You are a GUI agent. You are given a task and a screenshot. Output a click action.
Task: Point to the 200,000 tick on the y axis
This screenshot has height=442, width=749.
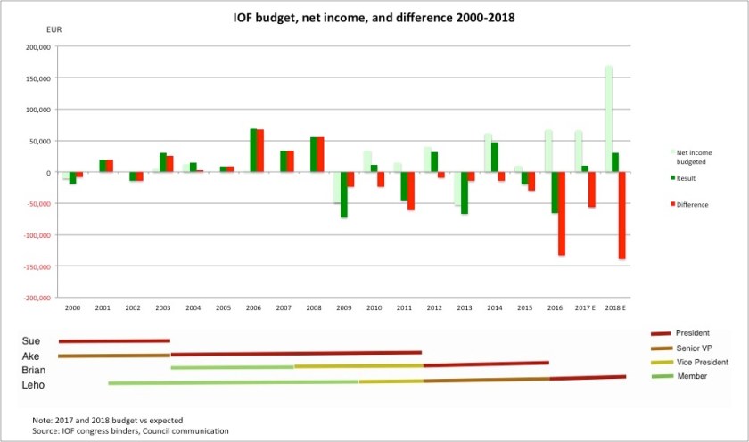tap(38, 46)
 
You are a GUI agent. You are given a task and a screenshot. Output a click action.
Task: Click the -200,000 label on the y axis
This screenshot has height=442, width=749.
tap(37, 298)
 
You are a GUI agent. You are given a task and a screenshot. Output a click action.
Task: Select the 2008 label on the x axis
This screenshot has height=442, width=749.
tap(314, 307)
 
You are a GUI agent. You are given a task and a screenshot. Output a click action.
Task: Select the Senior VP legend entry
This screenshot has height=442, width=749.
tap(696, 348)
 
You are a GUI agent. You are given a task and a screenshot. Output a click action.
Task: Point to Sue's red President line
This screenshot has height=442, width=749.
tap(114, 340)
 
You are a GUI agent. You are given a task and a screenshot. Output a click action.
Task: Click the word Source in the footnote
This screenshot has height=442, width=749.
tap(46, 430)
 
